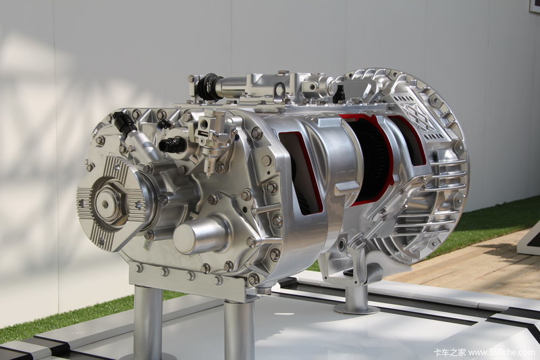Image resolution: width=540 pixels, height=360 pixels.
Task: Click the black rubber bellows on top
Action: [x=208, y=87]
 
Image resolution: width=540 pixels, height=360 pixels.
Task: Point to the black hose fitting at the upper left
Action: [x=124, y=122]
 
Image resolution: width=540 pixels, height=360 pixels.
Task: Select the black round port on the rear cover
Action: [x=171, y=145]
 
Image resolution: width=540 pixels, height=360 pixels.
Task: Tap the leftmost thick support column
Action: [x=148, y=322]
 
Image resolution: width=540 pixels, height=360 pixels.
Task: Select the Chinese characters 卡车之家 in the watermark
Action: [x=449, y=353]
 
